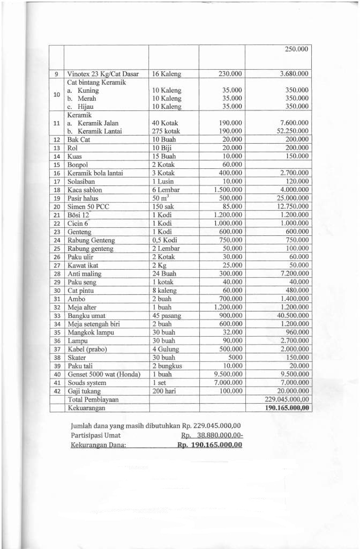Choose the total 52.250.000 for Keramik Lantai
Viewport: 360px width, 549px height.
tap(290, 131)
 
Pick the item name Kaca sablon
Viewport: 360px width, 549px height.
tap(85, 190)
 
